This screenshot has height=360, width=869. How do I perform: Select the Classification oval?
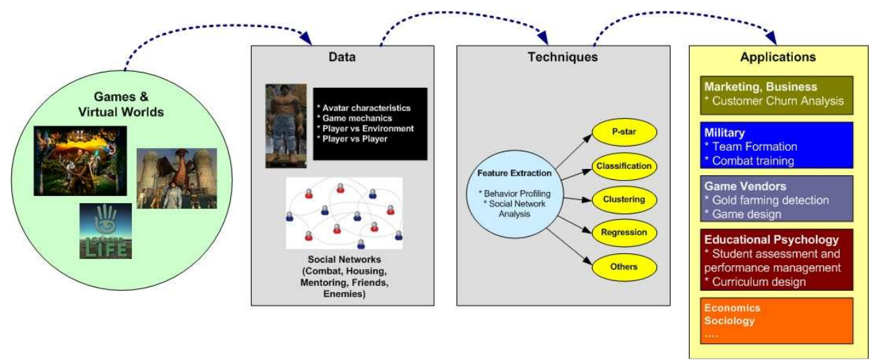(x=623, y=166)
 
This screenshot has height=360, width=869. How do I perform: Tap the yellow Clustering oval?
(x=623, y=200)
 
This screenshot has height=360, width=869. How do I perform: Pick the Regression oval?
(x=623, y=232)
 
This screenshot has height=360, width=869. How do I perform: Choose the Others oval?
(x=623, y=266)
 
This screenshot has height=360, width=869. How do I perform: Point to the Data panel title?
(x=342, y=57)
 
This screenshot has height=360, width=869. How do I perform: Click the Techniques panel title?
(x=563, y=57)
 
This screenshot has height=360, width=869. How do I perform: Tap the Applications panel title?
(x=778, y=57)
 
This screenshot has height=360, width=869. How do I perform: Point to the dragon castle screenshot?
(x=176, y=178)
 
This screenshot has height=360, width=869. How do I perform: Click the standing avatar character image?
(x=286, y=126)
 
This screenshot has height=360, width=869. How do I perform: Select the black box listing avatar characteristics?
(x=370, y=123)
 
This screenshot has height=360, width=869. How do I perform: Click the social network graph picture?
(x=344, y=213)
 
